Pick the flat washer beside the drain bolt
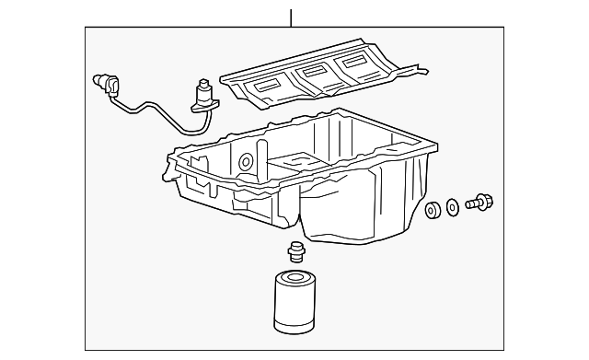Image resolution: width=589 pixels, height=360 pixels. click(453, 207)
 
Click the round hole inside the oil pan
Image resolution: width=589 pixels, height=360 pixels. click(246, 163)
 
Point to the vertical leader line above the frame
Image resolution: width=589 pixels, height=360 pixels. click(291, 17)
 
